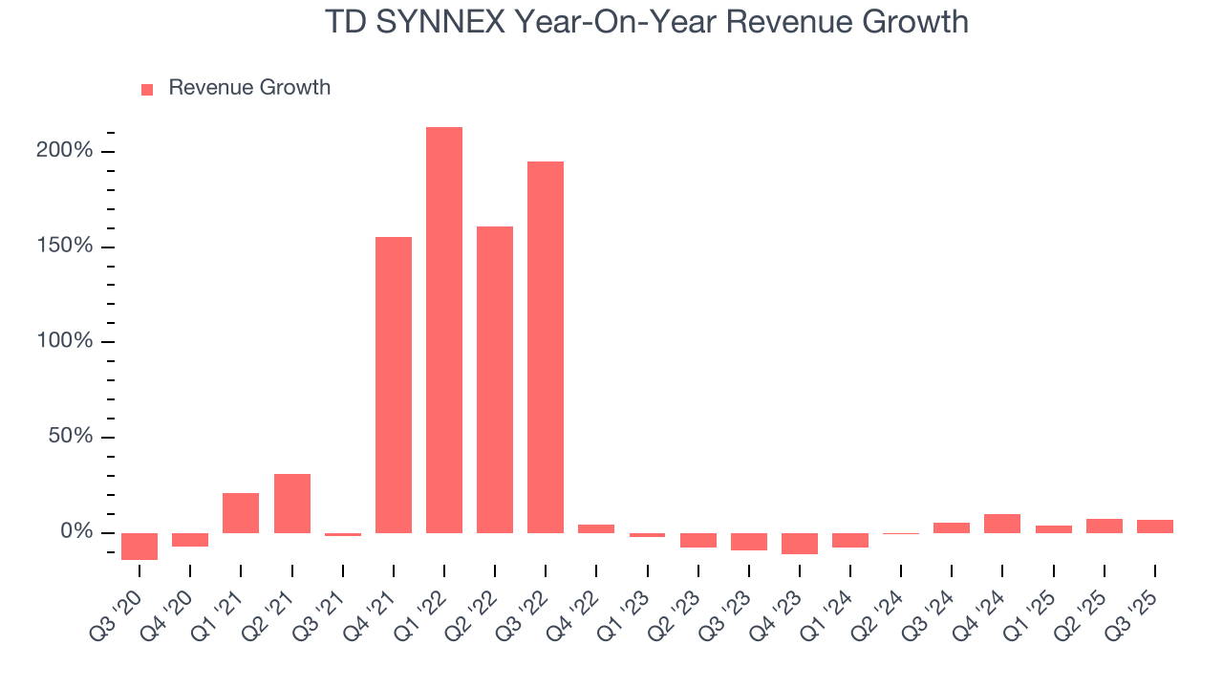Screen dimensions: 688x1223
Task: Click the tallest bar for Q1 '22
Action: (443, 330)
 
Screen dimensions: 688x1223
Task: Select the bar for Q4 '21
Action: (393, 384)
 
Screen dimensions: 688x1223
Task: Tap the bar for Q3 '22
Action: (545, 347)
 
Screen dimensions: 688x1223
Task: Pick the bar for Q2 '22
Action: (494, 379)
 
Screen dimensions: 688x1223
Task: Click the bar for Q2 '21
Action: (291, 503)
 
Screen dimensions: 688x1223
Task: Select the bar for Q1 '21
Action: (241, 512)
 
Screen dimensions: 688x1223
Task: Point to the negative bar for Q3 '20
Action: (139, 546)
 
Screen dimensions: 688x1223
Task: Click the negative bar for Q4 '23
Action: (799, 543)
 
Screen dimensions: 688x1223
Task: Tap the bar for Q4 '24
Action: (1001, 523)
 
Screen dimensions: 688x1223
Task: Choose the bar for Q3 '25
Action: (1154, 526)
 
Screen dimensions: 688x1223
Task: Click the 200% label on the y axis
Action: (66, 151)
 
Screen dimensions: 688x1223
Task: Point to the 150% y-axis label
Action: (66, 247)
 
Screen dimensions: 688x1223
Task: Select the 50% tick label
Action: (72, 437)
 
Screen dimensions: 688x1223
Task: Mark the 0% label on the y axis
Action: (77, 532)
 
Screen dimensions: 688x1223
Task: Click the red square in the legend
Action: (147, 89)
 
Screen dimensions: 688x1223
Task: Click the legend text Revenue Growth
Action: (249, 88)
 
